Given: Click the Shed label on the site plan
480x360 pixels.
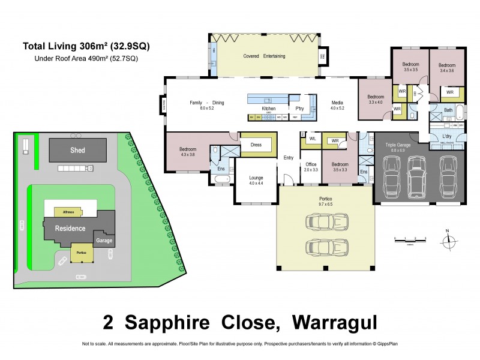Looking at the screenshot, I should pos(77,150).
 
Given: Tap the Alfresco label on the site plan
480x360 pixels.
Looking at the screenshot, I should pos(64,212).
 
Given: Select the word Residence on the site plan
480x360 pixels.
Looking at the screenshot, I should pos(70,228).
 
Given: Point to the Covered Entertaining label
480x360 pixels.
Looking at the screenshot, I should pos(264,56).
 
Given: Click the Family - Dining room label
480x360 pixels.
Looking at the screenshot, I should pos(206,103).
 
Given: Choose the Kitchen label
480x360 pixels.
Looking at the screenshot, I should pos(268,108).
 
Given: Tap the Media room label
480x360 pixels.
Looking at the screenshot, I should pos(337,103).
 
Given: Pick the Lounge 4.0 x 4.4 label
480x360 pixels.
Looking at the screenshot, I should pos(256,180).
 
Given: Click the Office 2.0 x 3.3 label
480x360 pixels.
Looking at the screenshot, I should pos(311,167).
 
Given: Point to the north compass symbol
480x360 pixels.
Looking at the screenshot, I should pos(447,240).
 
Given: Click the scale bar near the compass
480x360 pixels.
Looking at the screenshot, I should pos(410,239).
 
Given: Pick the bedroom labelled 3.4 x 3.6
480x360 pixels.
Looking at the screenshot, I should pos(447,67).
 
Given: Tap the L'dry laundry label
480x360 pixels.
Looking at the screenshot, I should pos(447,137).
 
